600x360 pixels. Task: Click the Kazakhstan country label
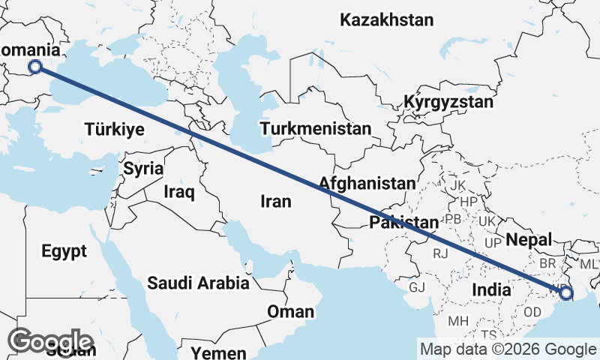pos(387,20)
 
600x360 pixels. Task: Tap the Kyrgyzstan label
pos(448,102)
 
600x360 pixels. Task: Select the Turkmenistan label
pos(316,129)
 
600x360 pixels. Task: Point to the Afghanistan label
pos(367,183)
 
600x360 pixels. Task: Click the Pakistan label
pos(403,223)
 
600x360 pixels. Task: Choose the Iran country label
pos(275,201)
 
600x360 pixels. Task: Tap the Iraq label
pos(179,192)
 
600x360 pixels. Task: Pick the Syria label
pos(143,169)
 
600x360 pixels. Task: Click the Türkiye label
pos(114,129)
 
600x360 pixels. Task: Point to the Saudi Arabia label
pos(198,283)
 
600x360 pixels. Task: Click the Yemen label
pos(218,352)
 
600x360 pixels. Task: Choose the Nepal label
pos(529,240)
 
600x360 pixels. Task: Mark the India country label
pos(491,289)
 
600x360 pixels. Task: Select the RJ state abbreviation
pos(440,253)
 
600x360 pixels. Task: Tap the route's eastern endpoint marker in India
pos(565,294)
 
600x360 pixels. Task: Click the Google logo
pos(50,341)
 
